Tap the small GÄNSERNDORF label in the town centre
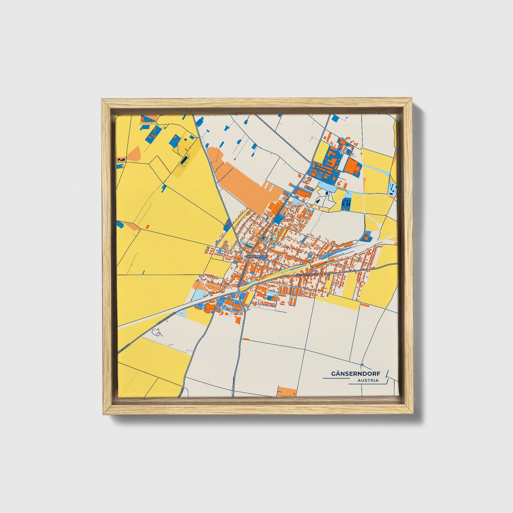(x=256, y=256)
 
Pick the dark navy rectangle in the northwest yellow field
(x=183, y=161)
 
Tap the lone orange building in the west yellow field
(x=147, y=226)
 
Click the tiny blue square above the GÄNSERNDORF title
(x=362, y=365)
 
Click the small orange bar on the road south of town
(x=246, y=339)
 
